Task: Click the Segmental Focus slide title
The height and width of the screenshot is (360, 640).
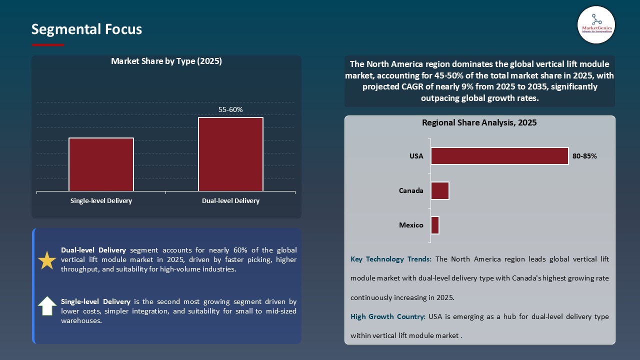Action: point(86,29)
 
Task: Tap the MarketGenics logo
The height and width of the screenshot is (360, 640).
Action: point(596,25)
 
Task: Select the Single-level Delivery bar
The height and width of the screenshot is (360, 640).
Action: point(101,164)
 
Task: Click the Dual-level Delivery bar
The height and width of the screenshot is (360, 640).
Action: point(230,154)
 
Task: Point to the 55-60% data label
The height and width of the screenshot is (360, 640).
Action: point(230,109)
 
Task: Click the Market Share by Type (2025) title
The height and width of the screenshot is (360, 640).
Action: point(166,61)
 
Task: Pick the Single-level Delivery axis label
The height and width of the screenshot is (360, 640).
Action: point(101,201)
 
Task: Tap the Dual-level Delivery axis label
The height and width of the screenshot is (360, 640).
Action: point(230,201)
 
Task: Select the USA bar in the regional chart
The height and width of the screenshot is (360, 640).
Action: point(499,156)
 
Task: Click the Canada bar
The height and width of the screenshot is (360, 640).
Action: point(440,190)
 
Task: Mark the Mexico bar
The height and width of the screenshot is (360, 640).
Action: point(435,225)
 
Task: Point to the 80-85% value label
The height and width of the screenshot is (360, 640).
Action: point(585,156)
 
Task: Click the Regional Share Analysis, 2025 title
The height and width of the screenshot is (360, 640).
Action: point(479,123)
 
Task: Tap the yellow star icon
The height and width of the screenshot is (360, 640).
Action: point(47,260)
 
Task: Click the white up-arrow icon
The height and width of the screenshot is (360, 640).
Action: point(47,305)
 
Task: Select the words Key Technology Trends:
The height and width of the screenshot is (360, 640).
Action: point(391,259)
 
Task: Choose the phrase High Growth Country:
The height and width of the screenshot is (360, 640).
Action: point(388,317)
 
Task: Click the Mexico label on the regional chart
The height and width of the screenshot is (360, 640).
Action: point(411,225)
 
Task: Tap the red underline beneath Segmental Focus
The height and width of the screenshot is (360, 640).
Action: point(48,45)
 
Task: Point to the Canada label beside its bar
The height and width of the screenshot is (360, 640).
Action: point(411,190)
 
